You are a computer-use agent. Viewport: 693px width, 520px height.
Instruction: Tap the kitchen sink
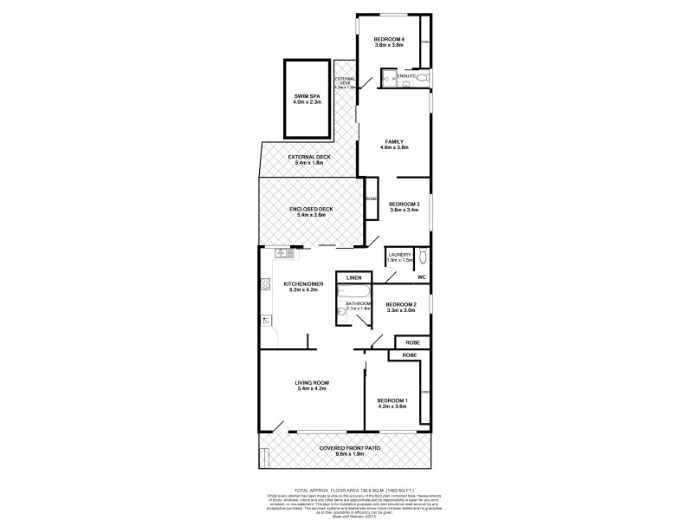pyautogui.click(x=282, y=254)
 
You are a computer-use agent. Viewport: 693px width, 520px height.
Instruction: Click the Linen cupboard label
pyautogui.click(x=353, y=277)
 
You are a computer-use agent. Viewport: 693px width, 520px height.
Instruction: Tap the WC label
pyautogui.click(x=422, y=277)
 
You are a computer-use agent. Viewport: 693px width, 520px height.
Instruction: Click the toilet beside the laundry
pyautogui.click(x=422, y=257)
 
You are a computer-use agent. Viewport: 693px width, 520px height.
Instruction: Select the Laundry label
pyautogui.click(x=399, y=255)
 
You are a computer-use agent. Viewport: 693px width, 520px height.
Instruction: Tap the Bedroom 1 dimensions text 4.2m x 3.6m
pyautogui.click(x=392, y=406)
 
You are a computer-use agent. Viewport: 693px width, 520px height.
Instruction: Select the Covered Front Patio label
pyautogui.click(x=346, y=447)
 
